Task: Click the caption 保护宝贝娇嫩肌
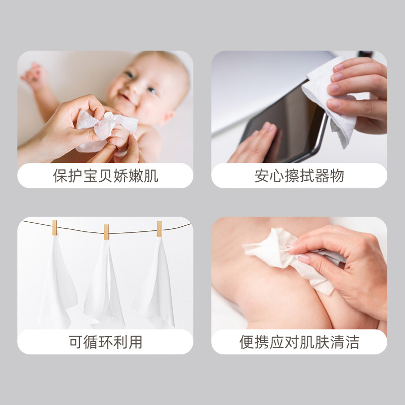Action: (x=105, y=176)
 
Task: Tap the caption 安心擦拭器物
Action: (x=299, y=176)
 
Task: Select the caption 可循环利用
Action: (x=105, y=342)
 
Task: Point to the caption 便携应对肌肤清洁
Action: (x=299, y=342)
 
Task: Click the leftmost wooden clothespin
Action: (x=55, y=228)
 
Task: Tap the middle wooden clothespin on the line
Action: (x=106, y=232)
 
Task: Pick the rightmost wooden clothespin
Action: (x=159, y=229)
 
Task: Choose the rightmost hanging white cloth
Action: (x=156, y=283)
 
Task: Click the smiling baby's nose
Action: (x=134, y=88)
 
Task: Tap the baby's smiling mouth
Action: (x=125, y=97)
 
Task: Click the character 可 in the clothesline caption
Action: (x=75, y=342)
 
